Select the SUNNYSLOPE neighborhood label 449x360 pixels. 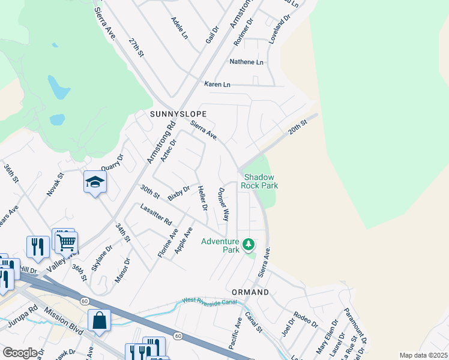[178, 113]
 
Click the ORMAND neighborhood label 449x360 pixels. [250, 292]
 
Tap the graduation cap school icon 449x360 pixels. [95, 182]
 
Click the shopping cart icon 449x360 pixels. [66, 242]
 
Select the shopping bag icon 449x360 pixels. [99, 321]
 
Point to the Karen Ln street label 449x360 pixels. [217, 85]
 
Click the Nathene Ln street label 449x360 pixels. [246, 62]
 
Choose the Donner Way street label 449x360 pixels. [223, 205]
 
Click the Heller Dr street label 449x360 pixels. [202, 198]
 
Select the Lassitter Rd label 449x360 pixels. [155, 212]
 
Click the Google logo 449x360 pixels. [20, 353]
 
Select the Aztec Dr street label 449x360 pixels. [169, 151]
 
